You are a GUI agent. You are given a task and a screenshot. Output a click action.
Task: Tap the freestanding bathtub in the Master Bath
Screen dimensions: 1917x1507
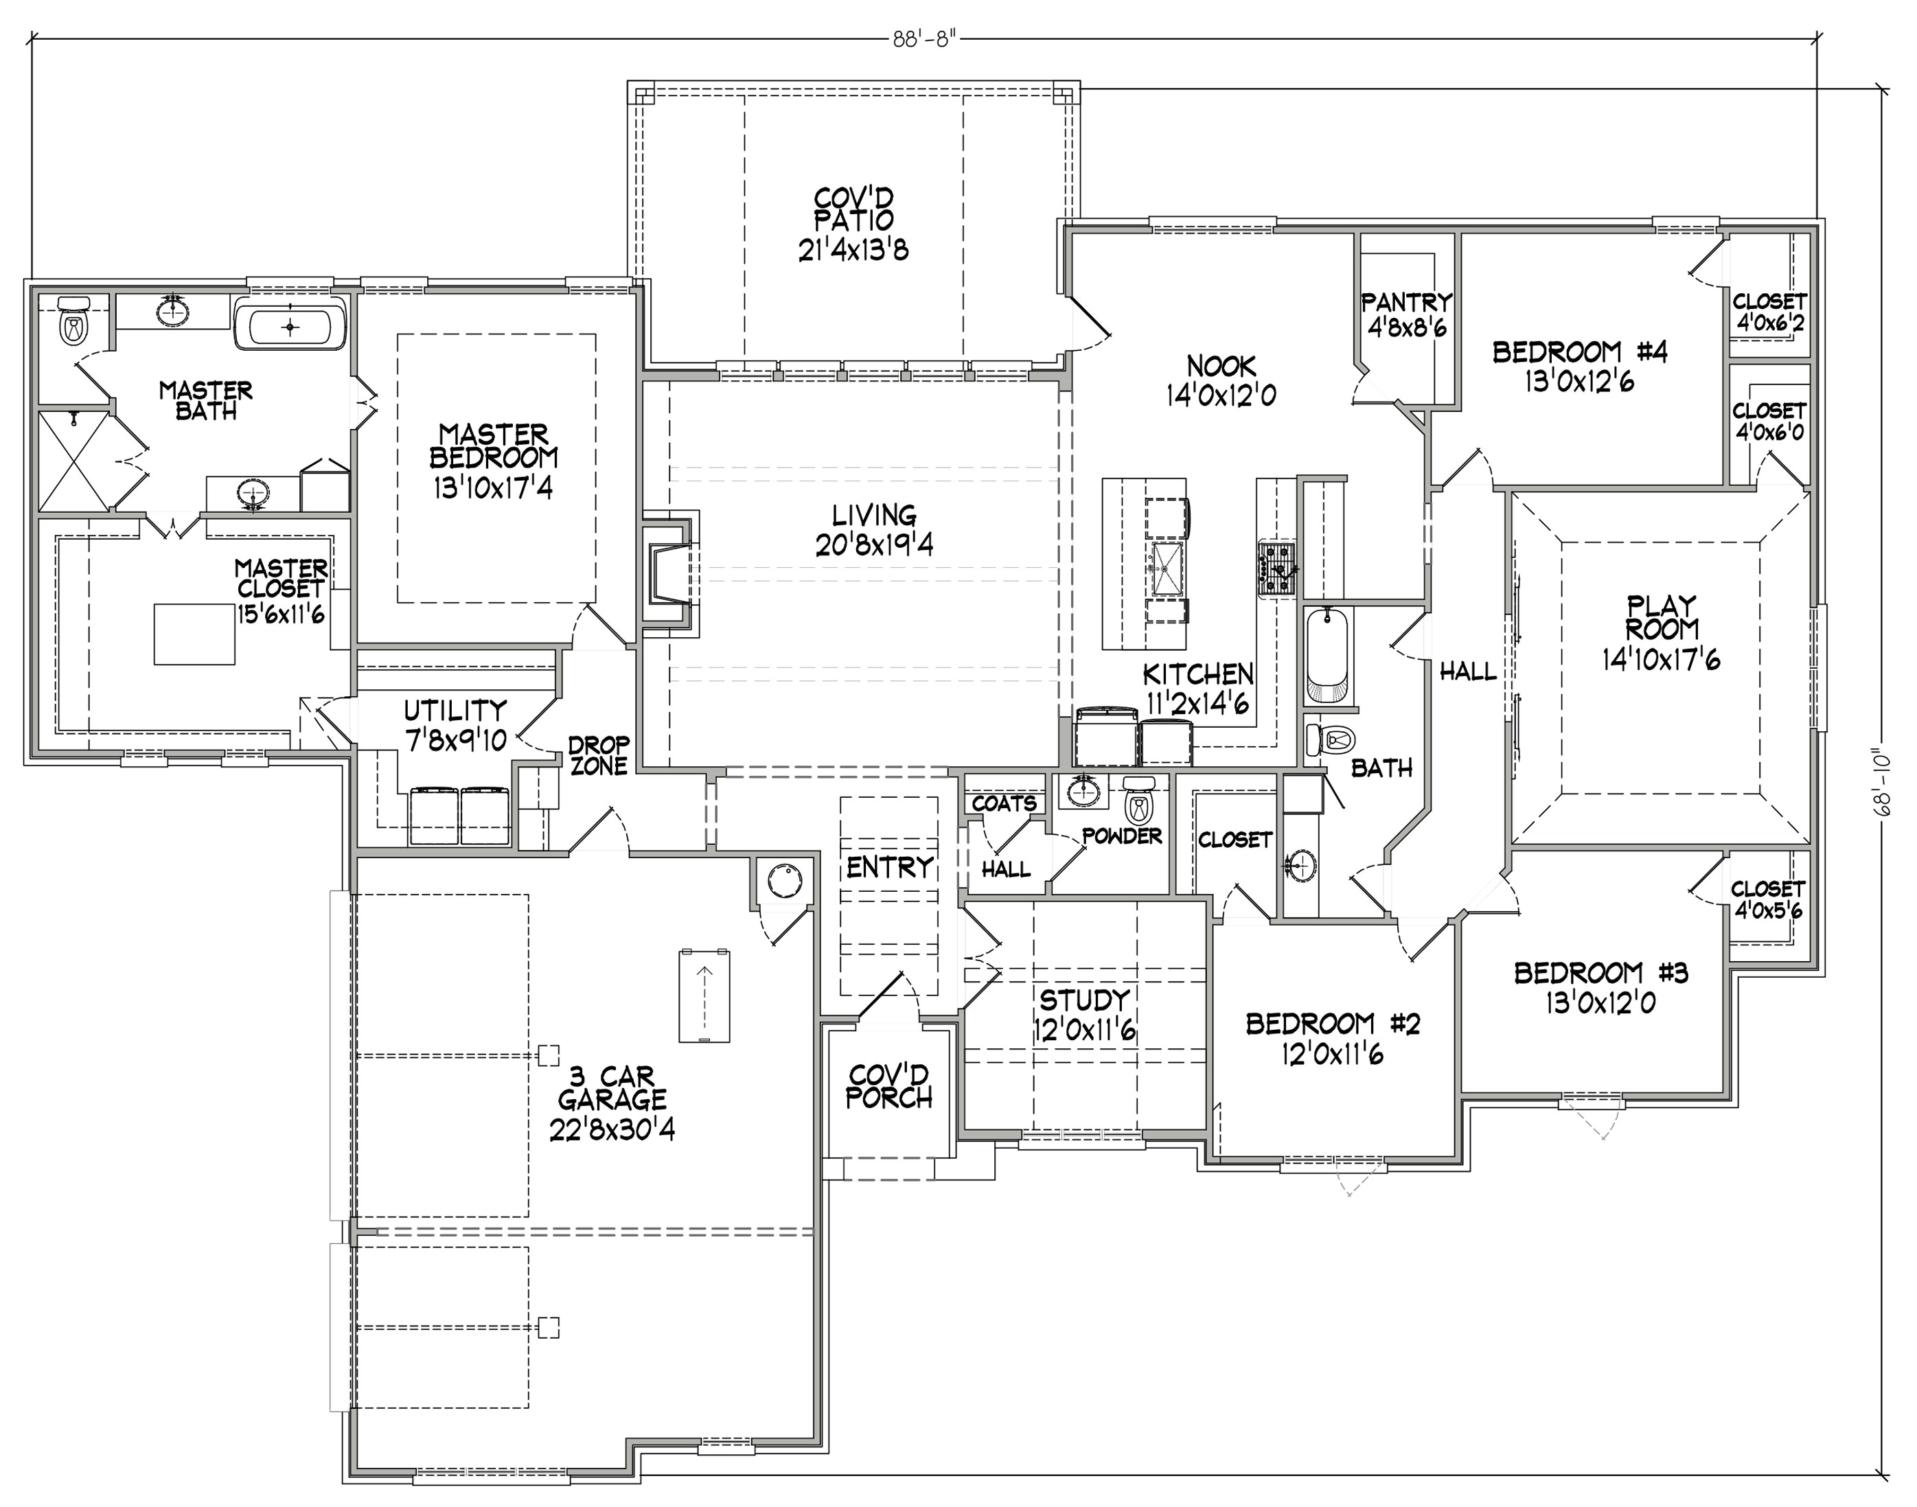(291, 325)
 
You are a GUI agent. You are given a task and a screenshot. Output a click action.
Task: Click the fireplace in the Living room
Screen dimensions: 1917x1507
(669, 573)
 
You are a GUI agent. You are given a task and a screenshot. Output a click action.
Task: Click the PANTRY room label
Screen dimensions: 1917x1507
(1406, 303)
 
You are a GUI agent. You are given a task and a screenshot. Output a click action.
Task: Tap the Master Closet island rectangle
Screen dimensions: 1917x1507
(194, 634)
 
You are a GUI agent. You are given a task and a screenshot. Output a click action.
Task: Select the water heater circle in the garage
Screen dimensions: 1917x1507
(783, 881)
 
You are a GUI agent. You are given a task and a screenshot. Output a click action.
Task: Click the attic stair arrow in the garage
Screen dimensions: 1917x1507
(704, 994)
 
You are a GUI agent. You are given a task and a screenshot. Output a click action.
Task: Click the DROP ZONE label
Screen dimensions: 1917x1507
(599, 756)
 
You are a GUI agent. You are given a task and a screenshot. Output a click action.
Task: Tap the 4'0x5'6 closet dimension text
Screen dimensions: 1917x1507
(1768, 910)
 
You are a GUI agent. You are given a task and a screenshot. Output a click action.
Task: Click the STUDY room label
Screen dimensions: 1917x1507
(1084, 1000)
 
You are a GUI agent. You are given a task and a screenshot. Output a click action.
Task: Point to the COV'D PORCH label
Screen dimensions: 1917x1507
(888, 1086)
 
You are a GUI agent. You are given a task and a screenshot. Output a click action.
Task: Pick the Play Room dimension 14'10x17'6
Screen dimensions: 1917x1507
(1661, 659)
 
